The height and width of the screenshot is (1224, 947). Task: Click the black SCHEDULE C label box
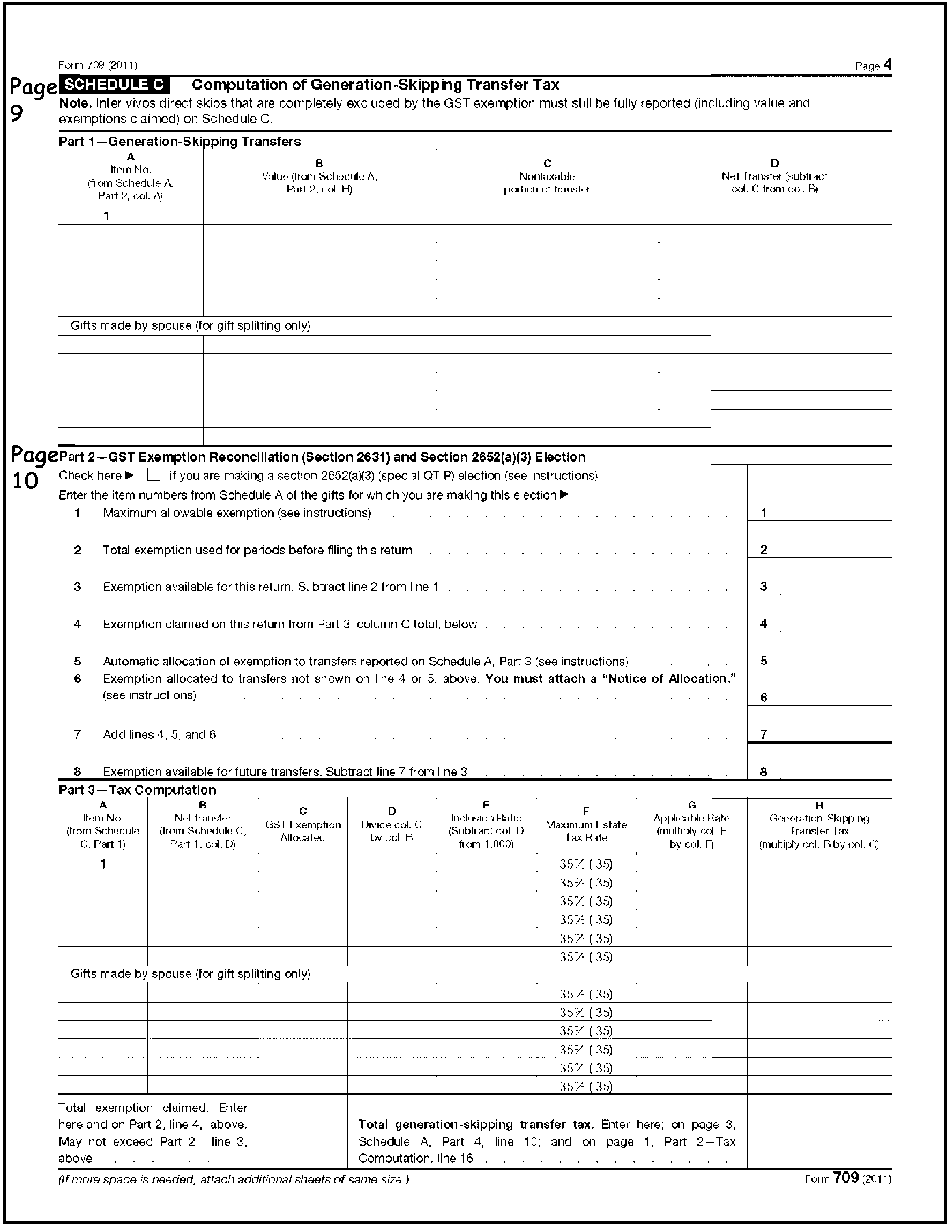click(x=115, y=85)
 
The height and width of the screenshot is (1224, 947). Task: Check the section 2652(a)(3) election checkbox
click(x=153, y=474)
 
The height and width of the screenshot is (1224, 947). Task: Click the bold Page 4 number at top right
click(x=887, y=65)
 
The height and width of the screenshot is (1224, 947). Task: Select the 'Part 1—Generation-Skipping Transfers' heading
click(x=180, y=141)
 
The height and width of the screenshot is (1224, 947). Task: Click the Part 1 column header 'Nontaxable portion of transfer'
click(x=547, y=183)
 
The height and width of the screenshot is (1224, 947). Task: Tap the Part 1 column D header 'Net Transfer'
click(x=774, y=176)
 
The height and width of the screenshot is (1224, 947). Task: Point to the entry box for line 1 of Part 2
click(x=836, y=512)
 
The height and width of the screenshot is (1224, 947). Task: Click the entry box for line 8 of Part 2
click(x=836, y=771)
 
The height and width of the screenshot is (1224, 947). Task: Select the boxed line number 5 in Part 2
click(x=764, y=661)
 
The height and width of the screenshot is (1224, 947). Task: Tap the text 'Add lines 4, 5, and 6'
click(x=159, y=734)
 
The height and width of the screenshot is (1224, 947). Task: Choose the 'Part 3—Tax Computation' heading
click(x=137, y=790)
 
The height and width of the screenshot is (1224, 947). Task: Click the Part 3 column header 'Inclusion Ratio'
click(x=486, y=825)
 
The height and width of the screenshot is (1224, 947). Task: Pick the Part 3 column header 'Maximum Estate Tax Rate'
click(x=586, y=830)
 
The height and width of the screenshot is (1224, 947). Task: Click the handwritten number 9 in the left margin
click(x=17, y=114)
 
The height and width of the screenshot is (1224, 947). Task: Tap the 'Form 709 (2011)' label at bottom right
click(x=847, y=1178)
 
